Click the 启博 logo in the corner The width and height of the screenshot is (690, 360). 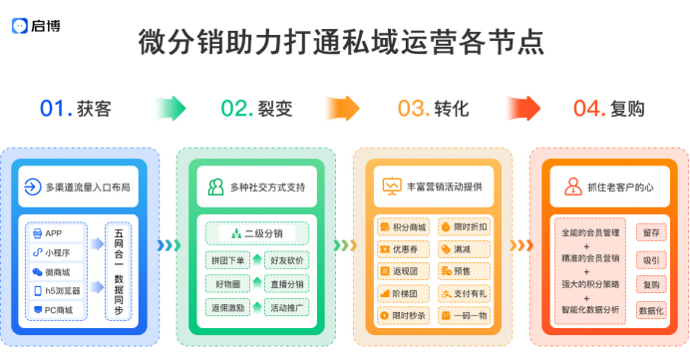pyautogui.click(x=38, y=26)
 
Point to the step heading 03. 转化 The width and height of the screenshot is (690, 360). pyautogui.click(x=433, y=108)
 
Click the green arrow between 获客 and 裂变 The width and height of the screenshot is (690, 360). pyautogui.click(x=172, y=108)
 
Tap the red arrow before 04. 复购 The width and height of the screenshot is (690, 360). pyautogui.click(x=523, y=108)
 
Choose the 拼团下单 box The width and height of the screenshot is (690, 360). pyautogui.click(x=227, y=260)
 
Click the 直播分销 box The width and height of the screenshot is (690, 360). pyautogui.click(x=286, y=284)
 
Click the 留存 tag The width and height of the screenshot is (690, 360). pyautogui.click(x=650, y=231)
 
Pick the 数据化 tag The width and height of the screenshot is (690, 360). pyautogui.click(x=650, y=311)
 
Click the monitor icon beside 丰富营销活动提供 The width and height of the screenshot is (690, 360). pyautogui.click(x=392, y=185)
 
